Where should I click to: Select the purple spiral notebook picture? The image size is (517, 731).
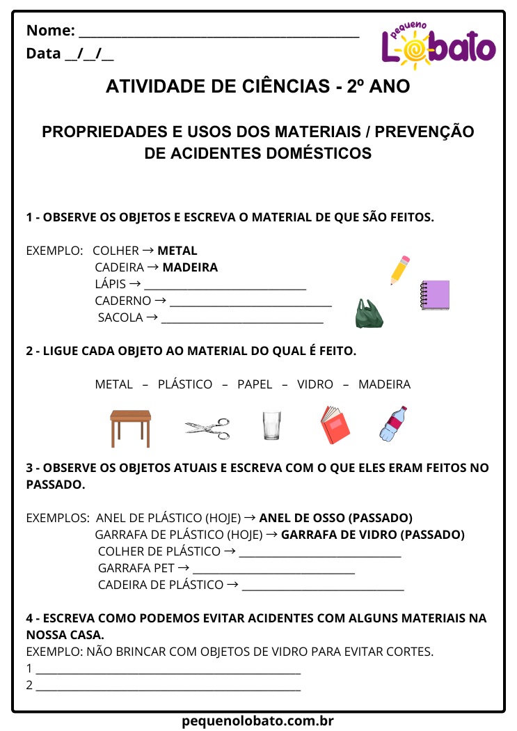[435, 294]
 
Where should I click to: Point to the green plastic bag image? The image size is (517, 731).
[367, 314]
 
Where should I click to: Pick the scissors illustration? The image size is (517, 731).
[207, 428]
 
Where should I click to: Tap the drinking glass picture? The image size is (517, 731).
[271, 425]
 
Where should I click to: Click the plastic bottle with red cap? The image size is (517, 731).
[393, 424]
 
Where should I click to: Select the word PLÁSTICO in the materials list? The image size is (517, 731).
[185, 384]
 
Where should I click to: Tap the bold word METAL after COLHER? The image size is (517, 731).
[177, 251]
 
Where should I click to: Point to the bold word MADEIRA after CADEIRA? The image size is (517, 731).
[190, 267]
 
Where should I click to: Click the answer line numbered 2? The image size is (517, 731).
[168, 690]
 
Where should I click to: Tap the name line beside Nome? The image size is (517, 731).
[219, 36]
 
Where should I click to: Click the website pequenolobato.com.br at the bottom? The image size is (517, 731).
[258, 721]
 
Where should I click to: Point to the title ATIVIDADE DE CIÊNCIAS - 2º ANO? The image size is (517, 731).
[258, 86]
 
